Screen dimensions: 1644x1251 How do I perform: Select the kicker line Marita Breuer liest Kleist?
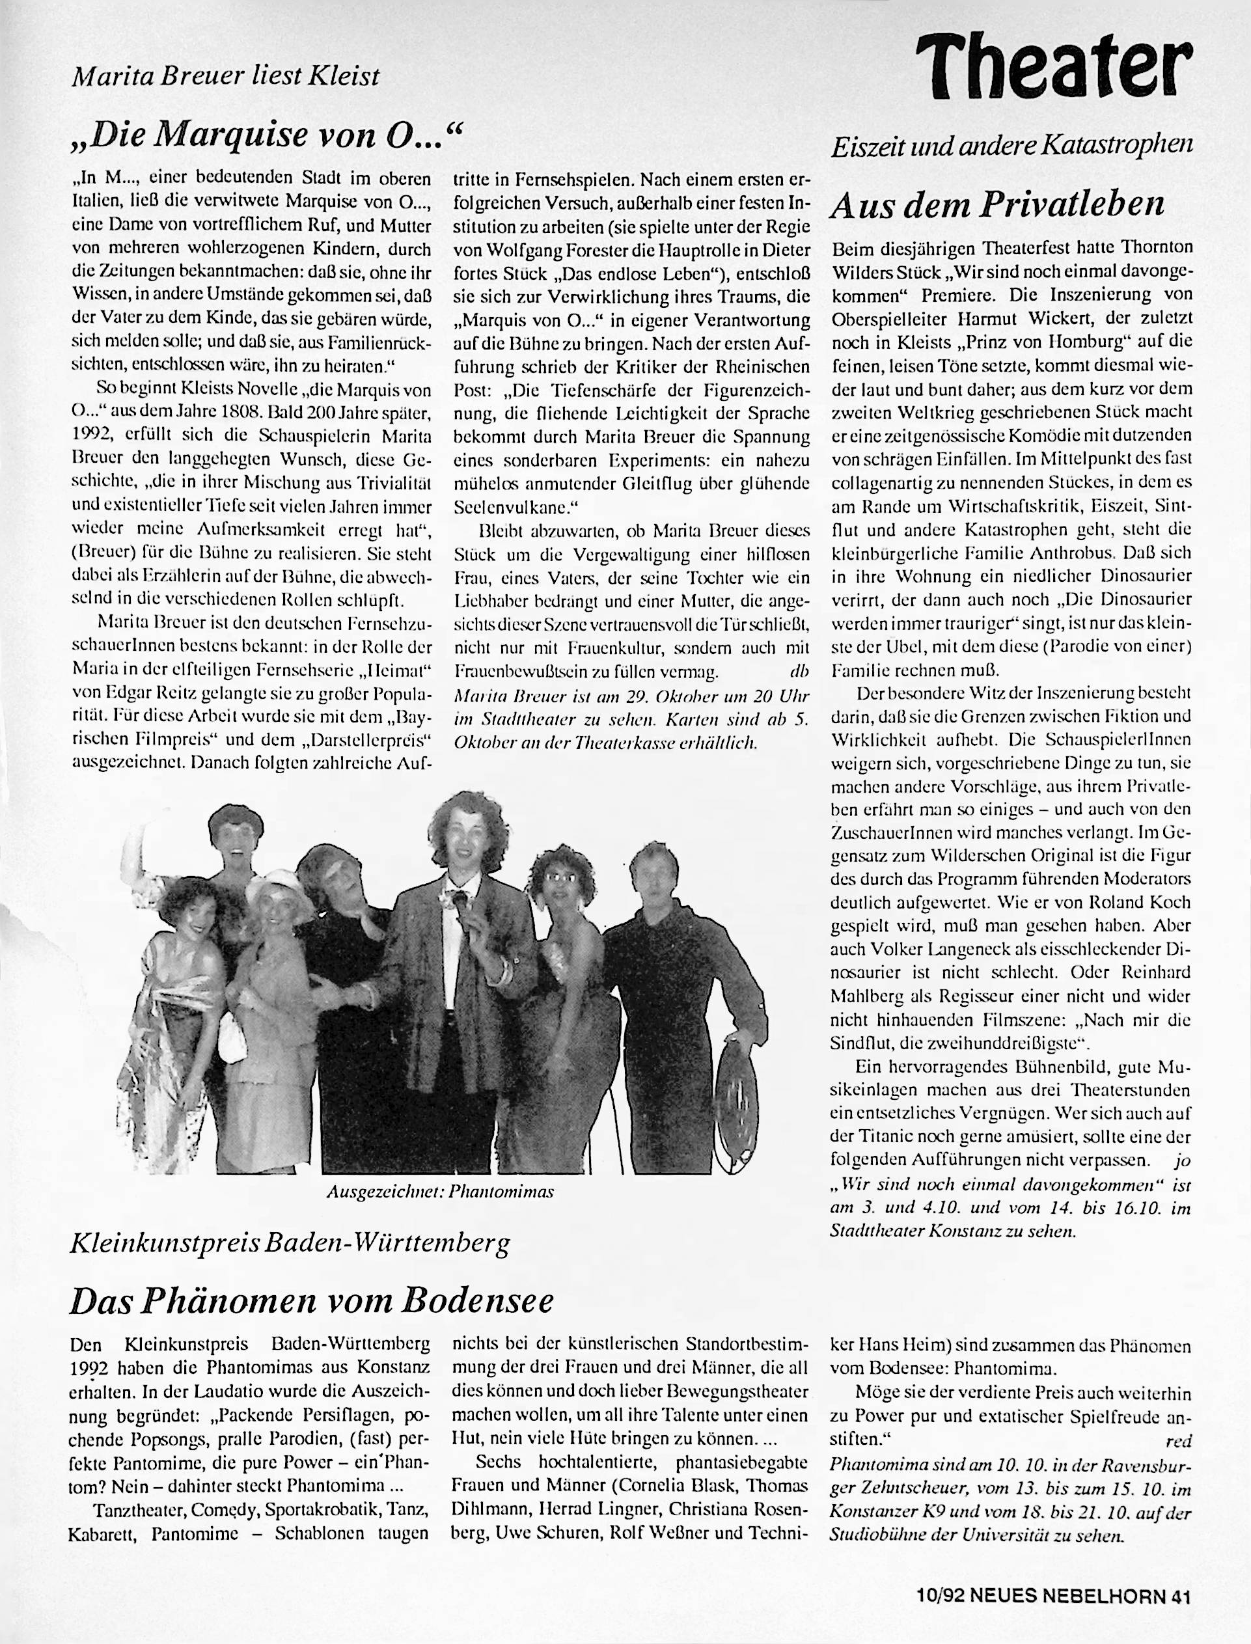tap(226, 77)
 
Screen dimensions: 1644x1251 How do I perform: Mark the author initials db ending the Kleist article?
tap(798, 672)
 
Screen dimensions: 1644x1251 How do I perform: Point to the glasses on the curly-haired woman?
tap(564, 877)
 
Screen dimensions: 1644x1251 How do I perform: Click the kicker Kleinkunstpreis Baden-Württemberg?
tap(289, 1244)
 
